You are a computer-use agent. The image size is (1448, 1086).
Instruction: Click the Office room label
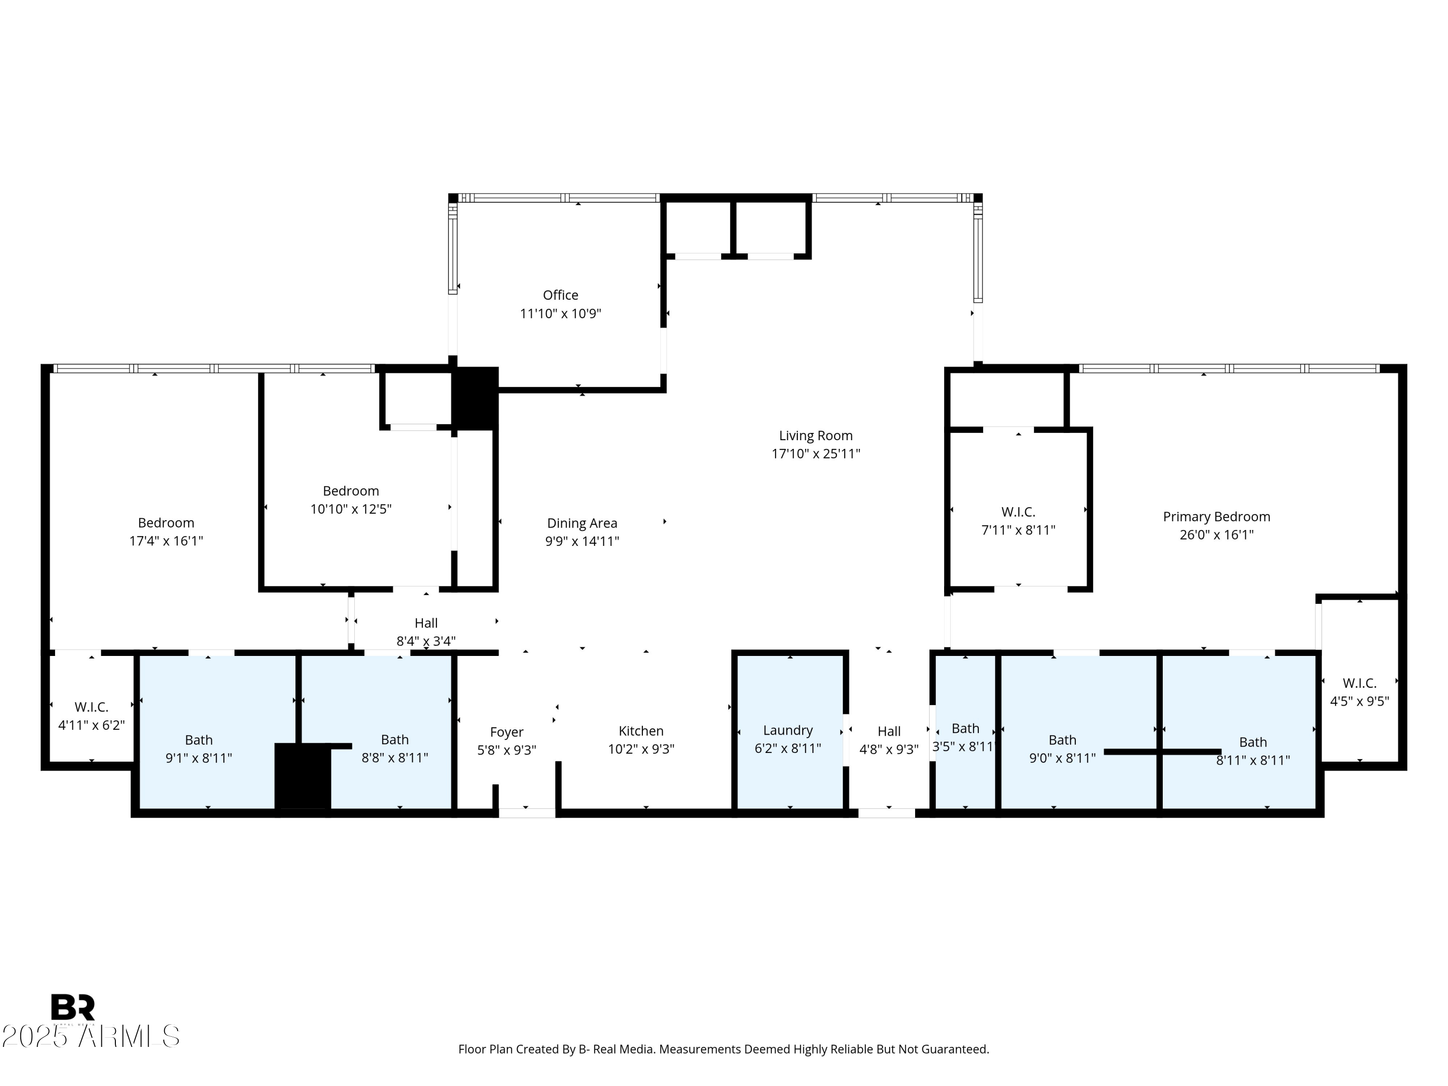560,295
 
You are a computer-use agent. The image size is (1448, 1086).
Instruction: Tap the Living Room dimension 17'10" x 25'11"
816,454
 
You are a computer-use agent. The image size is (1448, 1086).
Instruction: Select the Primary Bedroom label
1216,516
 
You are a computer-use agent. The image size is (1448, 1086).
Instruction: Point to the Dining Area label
582,523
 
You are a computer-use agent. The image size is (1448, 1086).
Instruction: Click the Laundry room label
788,730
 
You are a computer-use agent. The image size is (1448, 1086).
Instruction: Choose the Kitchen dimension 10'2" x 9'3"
641,749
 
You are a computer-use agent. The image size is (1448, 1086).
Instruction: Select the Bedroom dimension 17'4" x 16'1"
166,541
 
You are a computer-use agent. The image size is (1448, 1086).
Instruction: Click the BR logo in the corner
73,1007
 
